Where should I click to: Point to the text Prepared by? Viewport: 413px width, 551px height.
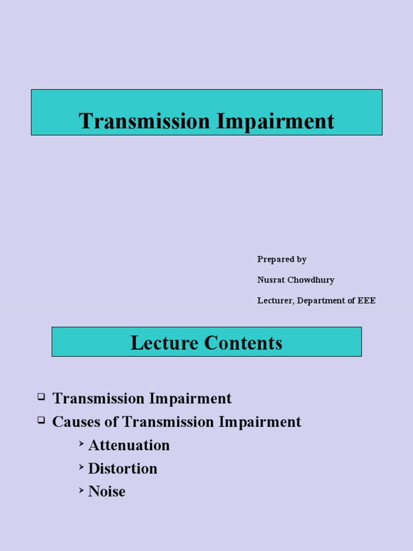coord(282,259)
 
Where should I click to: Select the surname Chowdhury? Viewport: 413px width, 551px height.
coord(312,280)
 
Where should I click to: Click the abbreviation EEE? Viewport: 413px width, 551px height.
coord(367,301)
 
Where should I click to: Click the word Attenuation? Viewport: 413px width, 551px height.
coord(129,446)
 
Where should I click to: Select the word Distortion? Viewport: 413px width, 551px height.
coord(123,469)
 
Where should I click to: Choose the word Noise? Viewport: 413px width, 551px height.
coord(106,492)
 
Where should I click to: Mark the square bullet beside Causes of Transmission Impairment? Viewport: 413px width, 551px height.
coord(41,420)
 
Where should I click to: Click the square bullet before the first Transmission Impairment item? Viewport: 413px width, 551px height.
coord(41,397)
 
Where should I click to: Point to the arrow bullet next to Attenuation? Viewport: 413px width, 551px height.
coord(81,443)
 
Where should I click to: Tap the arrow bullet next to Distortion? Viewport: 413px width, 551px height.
coord(81,467)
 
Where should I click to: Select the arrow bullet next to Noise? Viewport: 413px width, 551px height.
coord(81,490)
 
